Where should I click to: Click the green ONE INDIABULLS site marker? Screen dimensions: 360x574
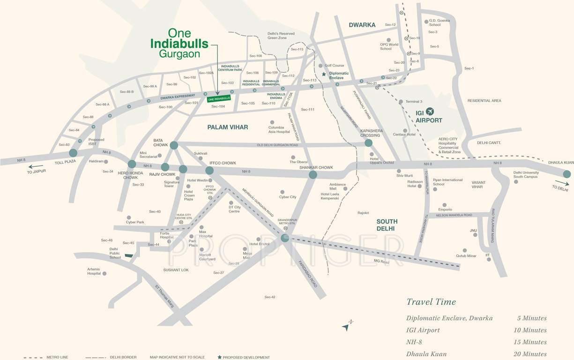(x=219, y=98)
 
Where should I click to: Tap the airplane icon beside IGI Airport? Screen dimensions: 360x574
(x=430, y=111)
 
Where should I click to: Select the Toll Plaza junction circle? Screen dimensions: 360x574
(x=73, y=153)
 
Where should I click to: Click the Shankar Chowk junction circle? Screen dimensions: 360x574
(x=313, y=175)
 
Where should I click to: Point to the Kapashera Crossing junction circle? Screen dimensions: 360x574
(x=368, y=143)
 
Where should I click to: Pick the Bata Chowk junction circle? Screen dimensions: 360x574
(x=174, y=145)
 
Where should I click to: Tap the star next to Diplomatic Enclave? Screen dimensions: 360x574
(x=324, y=74)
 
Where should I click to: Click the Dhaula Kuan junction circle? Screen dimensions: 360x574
(x=567, y=174)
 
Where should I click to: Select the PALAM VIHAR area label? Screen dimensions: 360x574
(x=228, y=127)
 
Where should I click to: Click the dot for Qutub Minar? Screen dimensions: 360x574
(x=465, y=250)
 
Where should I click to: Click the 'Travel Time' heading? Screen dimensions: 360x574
(x=431, y=302)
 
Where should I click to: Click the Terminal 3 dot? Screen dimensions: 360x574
(x=401, y=102)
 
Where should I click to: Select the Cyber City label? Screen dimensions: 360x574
(x=288, y=197)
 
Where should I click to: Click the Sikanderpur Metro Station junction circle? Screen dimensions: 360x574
(x=285, y=238)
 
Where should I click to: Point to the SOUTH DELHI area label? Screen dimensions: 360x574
(x=387, y=225)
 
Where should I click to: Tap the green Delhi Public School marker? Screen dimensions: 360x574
(x=128, y=256)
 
